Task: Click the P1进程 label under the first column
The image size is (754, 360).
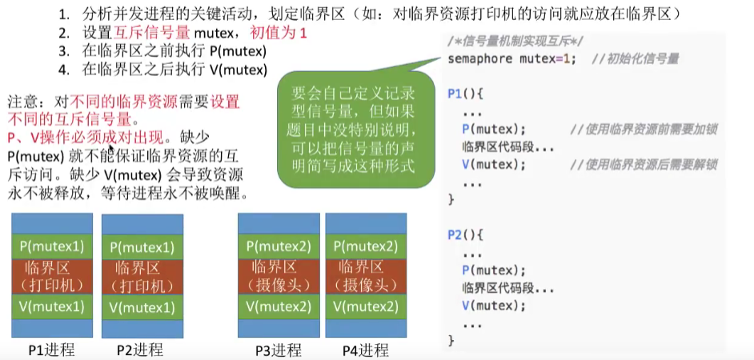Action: pyautogui.click(x=50, y=350)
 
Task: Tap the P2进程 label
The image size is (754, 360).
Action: pyautogui.click(x=139, y=350)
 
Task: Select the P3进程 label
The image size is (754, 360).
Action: pyautogui.click(x=278, y=350)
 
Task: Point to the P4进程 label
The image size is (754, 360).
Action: pyautogui.click(x=365, y=350)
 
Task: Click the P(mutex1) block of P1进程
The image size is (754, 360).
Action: pyautogui.click(x=54, y=246)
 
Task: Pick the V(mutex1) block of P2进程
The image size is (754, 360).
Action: pyautogui.click(x=142, y=307)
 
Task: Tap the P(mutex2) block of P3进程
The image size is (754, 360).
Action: pyautogui.click(x=279, y=246)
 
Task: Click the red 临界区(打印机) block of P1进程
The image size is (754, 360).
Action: pyautogui.click(x=54, y=276)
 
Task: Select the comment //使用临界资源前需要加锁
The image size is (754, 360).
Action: pyautogui.click(x=644, y=130)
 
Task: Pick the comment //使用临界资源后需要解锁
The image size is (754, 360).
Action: pyautogui.click(x=644, y=165)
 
